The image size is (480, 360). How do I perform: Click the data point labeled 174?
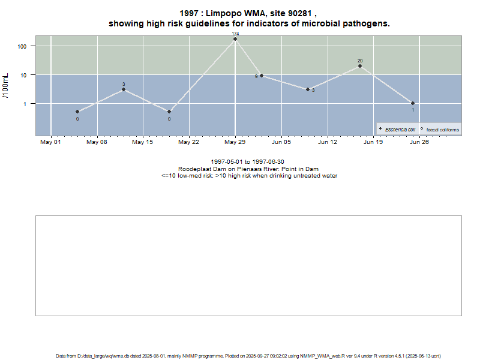235,39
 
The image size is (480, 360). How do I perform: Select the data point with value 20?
360,66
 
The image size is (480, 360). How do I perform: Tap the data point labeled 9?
262,76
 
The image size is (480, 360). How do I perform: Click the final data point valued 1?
413,103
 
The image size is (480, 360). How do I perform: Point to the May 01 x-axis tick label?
50,142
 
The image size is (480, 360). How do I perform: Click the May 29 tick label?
235,142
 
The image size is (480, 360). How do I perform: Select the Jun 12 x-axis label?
328,142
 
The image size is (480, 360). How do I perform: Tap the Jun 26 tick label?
419,142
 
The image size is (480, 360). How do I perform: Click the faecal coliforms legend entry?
442,130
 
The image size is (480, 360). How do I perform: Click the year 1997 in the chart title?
189,13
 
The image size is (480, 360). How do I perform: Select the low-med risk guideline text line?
249,176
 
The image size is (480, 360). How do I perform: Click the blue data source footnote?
249,356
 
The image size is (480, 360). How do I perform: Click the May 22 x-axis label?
189,142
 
